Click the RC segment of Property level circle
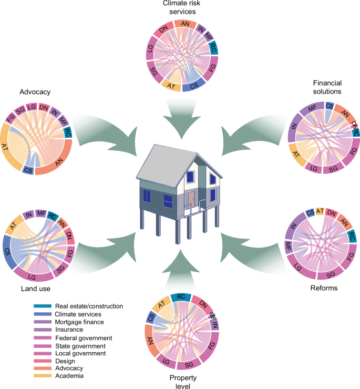click(180, 298)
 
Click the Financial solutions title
click(327, 87)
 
